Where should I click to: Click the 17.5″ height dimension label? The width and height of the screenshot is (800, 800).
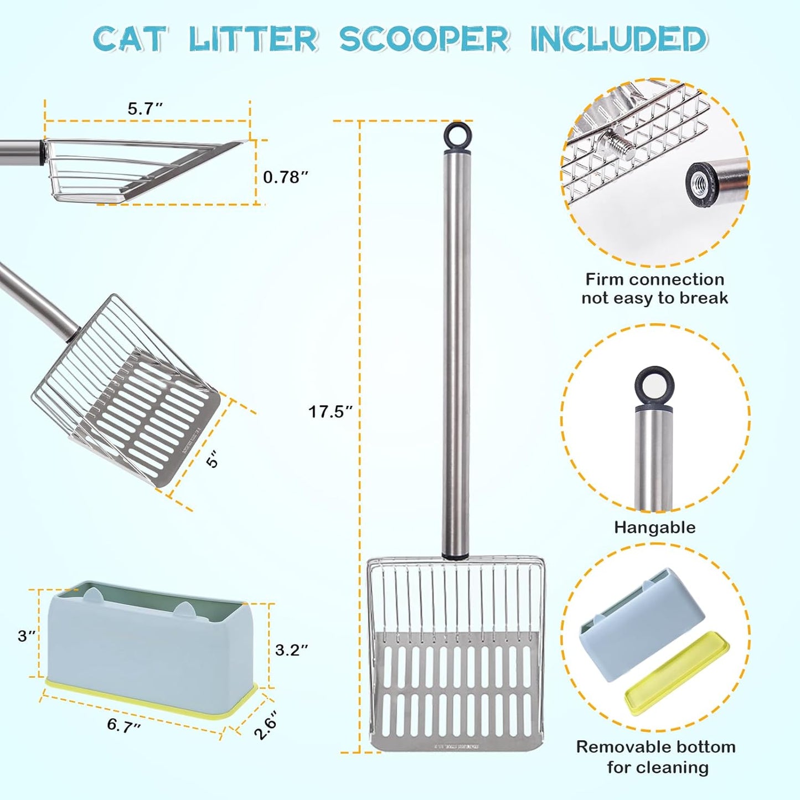pos(330,412)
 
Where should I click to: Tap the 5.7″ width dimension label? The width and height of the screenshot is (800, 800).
pos(145,109)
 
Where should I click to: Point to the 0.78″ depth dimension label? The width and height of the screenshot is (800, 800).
pos(285,177)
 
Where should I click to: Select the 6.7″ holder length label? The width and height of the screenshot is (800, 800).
pos(123,725)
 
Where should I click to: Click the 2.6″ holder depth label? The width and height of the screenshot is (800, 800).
pos(266,725)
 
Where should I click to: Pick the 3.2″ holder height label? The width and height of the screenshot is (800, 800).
pos(291,650)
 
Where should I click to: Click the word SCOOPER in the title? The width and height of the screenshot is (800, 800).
pos(424,39)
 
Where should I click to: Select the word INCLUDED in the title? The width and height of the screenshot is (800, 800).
pos(618,39)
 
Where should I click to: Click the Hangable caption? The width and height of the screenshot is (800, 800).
pos(654,527)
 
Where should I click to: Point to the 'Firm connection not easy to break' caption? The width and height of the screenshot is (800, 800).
pos(654,288)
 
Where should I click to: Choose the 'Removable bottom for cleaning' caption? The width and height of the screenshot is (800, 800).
pos(656,757)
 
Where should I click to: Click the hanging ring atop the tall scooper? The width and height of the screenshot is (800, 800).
pos(457,134)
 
